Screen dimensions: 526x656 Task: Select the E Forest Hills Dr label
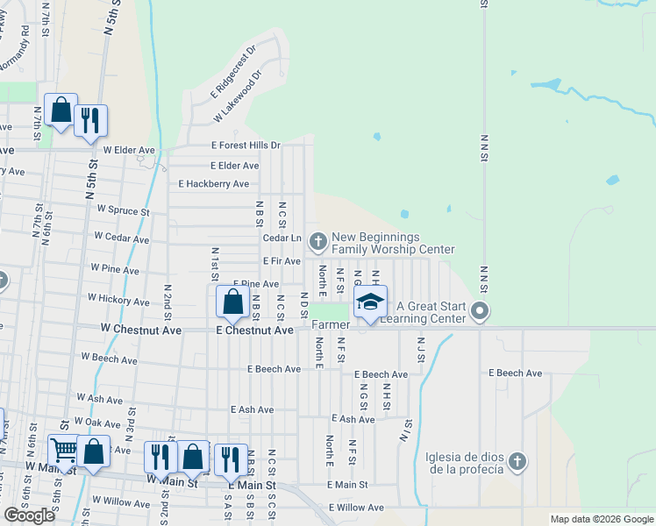[x=246, y=146]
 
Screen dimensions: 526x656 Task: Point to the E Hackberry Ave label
[x=214, y=184]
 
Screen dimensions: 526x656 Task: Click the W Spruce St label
[x=124, y=210]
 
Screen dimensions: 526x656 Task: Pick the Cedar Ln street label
[x=282, y=238]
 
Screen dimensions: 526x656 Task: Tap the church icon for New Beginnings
[x=317, y=239]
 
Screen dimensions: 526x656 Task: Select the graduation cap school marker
[x=370, y=302]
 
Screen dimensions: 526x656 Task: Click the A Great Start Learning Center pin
[x=480, y=311]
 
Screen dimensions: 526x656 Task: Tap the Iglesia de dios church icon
[x=518, y=462]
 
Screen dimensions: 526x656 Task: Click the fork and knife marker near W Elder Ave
[x=89, y=120]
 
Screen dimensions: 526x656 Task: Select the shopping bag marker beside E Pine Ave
[x=232, y=302]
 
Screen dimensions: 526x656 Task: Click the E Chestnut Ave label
[x=254, y=331]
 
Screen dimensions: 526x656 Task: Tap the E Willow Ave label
[x=356, y=508]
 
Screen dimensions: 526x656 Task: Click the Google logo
[x=30, y=515]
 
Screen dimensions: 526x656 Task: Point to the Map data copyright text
[x=601, y=519]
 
